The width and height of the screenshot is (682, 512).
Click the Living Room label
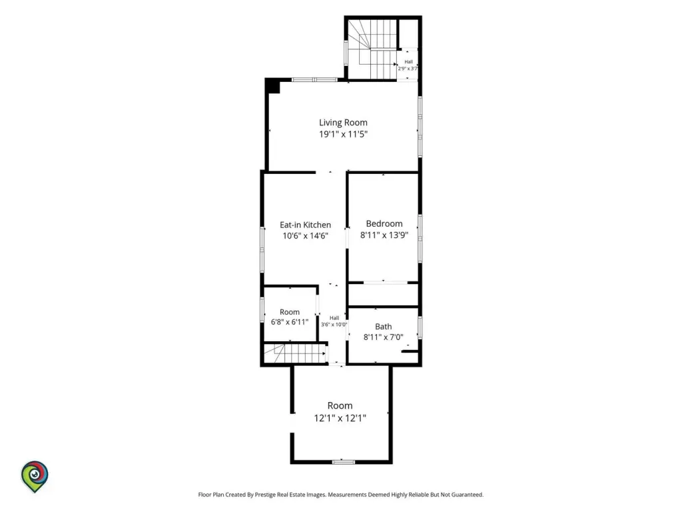click(x=343, y=123)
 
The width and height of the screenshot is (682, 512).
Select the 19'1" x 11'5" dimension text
click(x=343, y=134)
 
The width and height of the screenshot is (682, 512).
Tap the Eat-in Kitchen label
click(x=305, y=225)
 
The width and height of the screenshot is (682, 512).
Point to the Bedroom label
click(x=384, y=224)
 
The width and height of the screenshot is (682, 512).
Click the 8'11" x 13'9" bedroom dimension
click(x=384, y=235)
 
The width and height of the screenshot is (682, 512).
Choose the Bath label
click(x=383, y=327)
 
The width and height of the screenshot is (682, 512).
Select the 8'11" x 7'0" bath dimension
click(x=383, y=337)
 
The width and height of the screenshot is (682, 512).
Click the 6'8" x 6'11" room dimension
click(x=290, y=322)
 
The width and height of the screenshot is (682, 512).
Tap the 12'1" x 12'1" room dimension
click(x=340, y=419)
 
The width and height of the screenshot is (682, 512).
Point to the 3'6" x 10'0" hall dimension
click(x=334, y=325)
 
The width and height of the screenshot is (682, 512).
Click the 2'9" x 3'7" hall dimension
click(x=408, y=69)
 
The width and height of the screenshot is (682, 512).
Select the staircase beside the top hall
click(x=372, y=49)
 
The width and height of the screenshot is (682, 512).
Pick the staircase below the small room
click(x=295, y=353)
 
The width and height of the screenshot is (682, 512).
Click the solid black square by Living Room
click(x=272, y=86)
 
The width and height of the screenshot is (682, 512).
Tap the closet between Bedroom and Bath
click(x=383, y=295)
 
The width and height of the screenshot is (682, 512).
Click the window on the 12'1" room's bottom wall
click(x=343, y=461)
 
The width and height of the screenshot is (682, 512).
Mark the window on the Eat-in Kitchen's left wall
click(x=262, y=249)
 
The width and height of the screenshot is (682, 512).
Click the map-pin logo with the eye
click(x=35, y=476)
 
